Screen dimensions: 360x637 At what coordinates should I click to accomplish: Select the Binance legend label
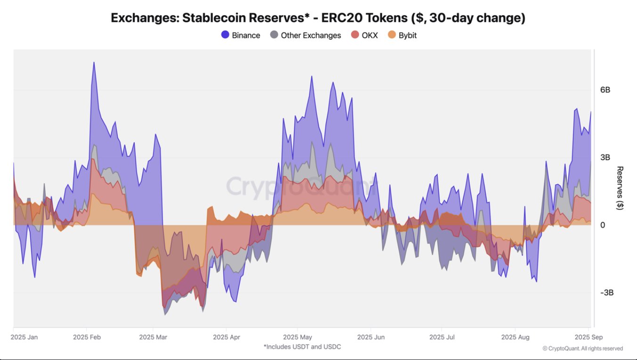pos(245,35)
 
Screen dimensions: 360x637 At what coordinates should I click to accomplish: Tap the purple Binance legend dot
pos(225,35)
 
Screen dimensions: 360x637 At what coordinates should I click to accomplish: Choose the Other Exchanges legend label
pos(310,35)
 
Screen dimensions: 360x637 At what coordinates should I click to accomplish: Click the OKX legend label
pos(370,35)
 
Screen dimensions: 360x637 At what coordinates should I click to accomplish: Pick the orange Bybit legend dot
pos(392,35)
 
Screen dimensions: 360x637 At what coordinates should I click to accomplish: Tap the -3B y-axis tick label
pos(606,293)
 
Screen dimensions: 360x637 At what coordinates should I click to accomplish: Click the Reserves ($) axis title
pos(620,188)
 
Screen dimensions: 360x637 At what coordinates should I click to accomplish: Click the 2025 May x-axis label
pos(297,337)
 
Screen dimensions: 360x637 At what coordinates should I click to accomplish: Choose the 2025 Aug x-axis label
pos(515,337)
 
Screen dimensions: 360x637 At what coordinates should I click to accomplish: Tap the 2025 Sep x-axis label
pos(588,337)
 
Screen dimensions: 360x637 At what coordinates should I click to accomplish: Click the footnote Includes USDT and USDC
pos(302,347)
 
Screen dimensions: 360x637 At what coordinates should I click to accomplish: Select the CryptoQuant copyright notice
pos(582,349)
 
